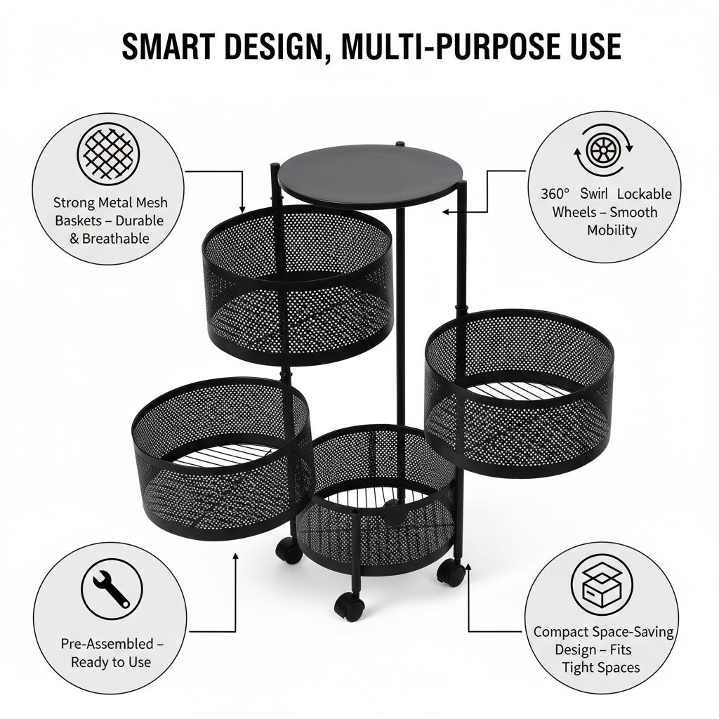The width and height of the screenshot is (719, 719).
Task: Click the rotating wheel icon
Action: coord(603,150)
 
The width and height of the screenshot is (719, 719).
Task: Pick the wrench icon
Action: coord(112,589)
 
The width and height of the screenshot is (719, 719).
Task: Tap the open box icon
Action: coord(602,585)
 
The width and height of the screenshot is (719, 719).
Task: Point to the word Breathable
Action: coord(116,239)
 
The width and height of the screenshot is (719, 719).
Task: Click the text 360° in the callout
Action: coord(555,194)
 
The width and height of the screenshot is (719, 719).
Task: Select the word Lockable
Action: coord(645,194)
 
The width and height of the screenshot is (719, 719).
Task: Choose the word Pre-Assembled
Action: coord(107,644)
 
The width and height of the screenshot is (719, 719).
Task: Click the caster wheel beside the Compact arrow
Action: coord(451,573)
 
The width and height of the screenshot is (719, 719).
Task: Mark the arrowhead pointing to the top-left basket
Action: coord(242,209)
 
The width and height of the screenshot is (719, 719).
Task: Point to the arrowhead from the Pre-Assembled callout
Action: coord(236,557)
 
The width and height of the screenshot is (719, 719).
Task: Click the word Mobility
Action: coord(612,230)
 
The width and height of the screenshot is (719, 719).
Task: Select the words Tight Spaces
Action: coord(601,668)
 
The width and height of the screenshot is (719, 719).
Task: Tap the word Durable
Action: coord(140,220)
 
